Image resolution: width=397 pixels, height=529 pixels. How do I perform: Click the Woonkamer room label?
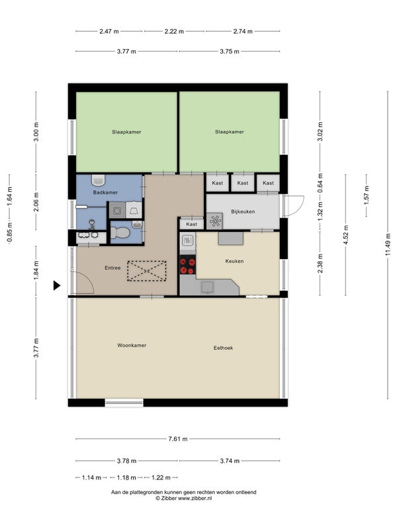pyautogui.click(x=132, y=345)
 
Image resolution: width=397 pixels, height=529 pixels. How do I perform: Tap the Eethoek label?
pyautogui.click(x=223, y=348)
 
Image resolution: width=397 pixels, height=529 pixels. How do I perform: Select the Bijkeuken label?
pyautogui.click(x=243, y=212)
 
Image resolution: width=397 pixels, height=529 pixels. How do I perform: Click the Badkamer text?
pyautogui.click(x=105, y=192)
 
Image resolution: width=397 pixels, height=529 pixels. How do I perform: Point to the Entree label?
pyautogui.click(x=112, y=268)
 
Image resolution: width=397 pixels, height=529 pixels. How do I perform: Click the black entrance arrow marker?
pyautogui.click(x=57, y=286)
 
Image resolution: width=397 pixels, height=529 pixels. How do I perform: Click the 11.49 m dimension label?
pyautogui.click(x=388, y=244)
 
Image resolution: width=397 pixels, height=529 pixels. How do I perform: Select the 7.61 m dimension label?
pyautogui.click(x=178, y=439)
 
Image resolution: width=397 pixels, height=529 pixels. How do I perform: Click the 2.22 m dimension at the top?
pyautogui.click(x=174, y=31)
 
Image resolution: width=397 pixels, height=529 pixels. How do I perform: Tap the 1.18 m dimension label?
pyautogui.click(x=126, y=477)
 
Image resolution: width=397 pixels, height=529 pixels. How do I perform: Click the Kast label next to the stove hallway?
pyautogui.click(x=191, y=224)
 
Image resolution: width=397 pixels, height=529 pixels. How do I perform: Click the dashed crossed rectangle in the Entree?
pyautogui.click(x=147, y=271)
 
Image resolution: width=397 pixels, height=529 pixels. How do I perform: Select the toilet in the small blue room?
pyautogui.click(x=120, y=233)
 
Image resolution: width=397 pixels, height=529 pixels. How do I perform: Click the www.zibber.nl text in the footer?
pyautogui.click(x=195, y=499)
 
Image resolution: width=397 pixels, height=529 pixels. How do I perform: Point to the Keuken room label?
pyautogui.click(x=234, y=261)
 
